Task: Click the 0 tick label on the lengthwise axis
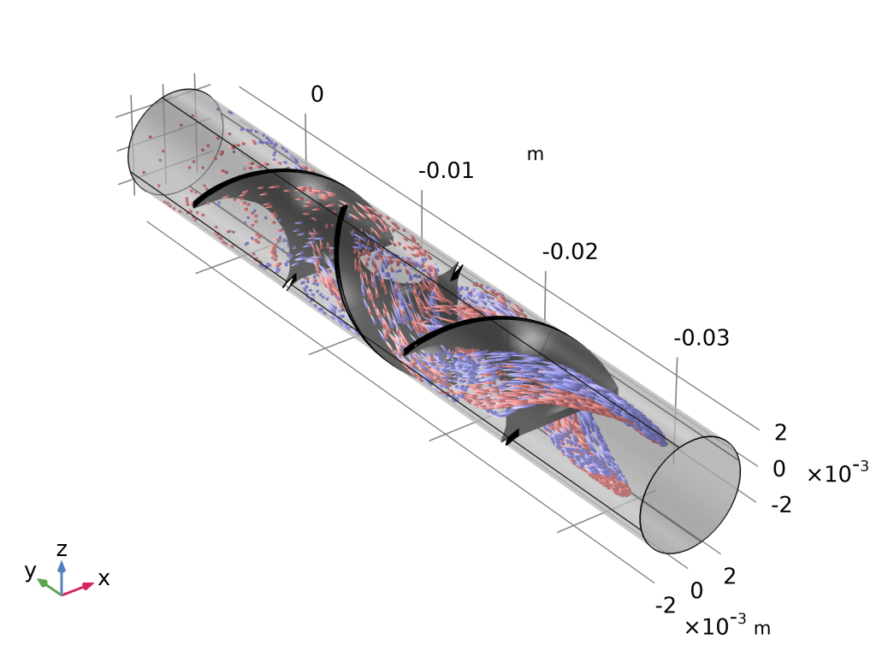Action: [x=317, y=94]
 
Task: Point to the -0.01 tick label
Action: [x=447, y=170]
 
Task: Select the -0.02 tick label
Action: [x=570, y=252]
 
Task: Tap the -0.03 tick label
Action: [x=701, y=338]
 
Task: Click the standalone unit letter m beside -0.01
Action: [x=536, y=154]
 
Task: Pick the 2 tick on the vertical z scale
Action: [x=780, y=432]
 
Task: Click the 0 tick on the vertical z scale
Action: [x=779, y=469]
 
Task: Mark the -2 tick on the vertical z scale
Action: [x=782, y=505]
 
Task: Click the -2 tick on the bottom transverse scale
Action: [x=665, y=605]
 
